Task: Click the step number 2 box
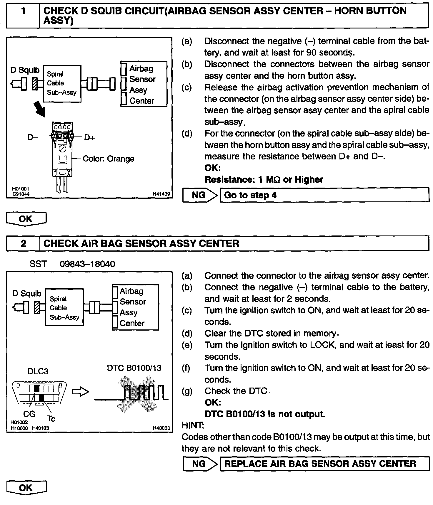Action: [x=23, y=243]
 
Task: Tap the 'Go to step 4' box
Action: [x=324, y=195]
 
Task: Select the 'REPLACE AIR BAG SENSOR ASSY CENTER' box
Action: [x=324, y=464]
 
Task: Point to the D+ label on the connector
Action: [x=89, y=137]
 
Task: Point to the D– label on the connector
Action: [x=32, y=137]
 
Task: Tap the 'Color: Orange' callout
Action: [x=108, y=159]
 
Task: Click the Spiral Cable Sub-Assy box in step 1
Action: [x=62, y=84]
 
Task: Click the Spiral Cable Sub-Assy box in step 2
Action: [x=64, y=308]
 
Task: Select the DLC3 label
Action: [x=38, y=371]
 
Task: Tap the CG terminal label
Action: [x=29, y=414]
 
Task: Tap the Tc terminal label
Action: [x=51, y=418]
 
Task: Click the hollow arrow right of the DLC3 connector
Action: [x=80, y=392]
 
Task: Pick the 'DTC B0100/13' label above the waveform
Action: [x=134, y=368]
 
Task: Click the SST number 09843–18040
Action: [x=87, y=264]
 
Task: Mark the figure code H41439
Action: [x=161, y=194]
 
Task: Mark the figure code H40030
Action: [x=161, y=428]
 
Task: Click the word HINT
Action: [x=193, y=425]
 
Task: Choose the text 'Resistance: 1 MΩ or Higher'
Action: [x=264, y=179]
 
